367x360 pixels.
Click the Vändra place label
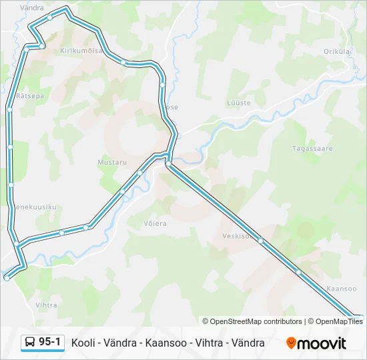(32, 7)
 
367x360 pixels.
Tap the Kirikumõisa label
(81, 50)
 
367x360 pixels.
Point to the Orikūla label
(337, 51)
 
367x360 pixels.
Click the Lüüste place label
(238, 103)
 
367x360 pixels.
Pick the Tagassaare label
(312, 149)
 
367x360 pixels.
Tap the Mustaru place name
(111, 162)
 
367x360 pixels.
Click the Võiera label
(155, 223)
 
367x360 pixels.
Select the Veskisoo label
(237, 236)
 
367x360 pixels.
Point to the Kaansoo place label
(342, 289)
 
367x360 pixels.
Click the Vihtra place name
(46, 305)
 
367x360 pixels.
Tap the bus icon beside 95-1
(30, 343)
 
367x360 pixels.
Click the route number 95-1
(50, 343)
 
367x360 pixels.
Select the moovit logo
(316, 343)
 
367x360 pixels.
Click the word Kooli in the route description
(83, 343)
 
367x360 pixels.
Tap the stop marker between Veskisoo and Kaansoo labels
(298, 272)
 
